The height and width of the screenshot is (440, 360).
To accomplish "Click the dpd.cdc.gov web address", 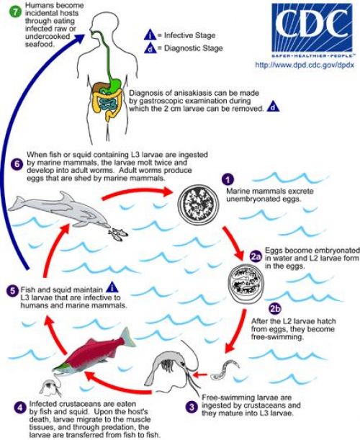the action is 304,65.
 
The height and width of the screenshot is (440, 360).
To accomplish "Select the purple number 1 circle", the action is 228,179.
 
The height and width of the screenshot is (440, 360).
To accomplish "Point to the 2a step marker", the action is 256,256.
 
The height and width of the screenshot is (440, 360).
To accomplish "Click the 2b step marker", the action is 275,309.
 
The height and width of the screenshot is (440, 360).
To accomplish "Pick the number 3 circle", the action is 192,407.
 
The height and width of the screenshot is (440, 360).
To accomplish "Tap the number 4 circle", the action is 19,408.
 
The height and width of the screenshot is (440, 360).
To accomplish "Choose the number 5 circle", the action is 12,290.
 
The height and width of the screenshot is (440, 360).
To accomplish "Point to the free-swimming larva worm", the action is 225,370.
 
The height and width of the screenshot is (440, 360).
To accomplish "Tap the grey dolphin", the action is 60,210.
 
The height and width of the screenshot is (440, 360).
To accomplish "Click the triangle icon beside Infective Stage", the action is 150,35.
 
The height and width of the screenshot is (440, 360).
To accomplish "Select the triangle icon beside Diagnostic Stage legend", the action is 150,48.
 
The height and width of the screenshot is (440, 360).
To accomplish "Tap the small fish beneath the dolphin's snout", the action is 118,233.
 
